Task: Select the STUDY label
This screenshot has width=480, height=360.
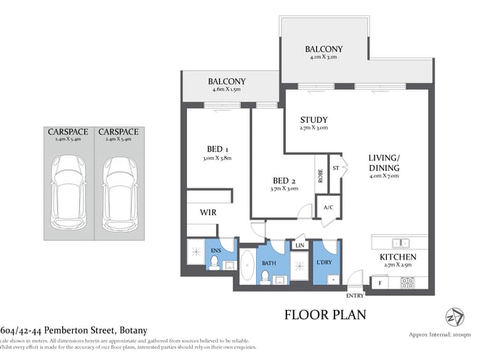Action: tap(313, 120)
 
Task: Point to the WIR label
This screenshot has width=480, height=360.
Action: tap(209, 212)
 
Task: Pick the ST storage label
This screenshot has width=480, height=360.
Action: tap(335, 167)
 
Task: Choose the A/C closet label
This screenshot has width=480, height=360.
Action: tap(328, 206)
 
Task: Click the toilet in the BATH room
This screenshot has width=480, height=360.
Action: tap(266, 276)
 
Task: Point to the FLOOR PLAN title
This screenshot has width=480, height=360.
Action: tap(324, 315)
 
